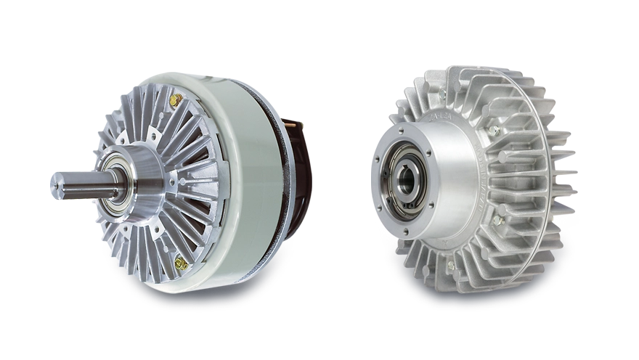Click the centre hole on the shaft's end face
[x=55, y=186]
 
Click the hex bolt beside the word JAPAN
[x=500, y=220]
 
